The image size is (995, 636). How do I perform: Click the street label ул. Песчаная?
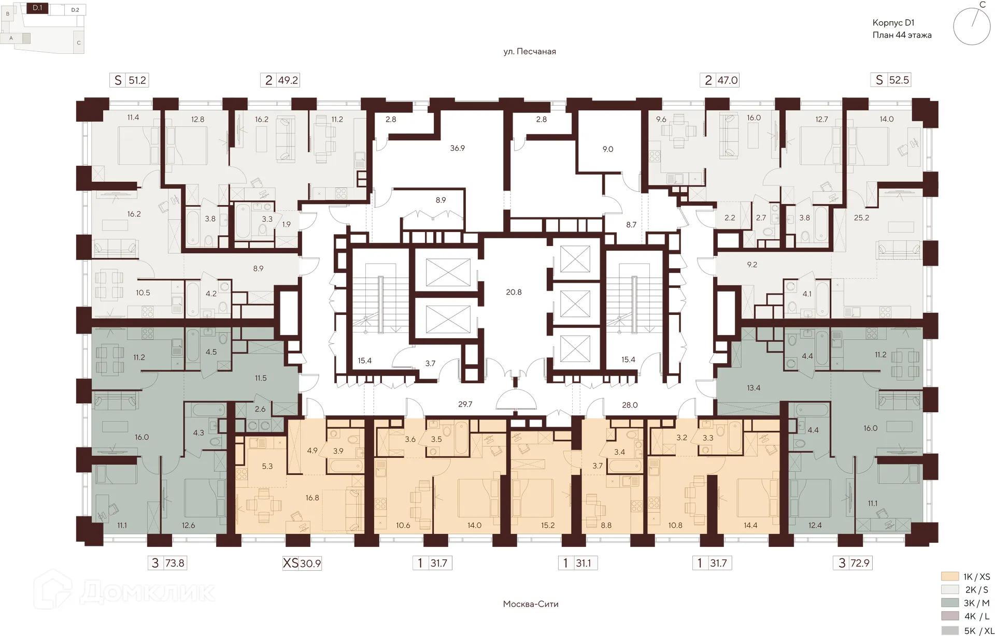530,51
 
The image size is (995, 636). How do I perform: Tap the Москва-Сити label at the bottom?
531,604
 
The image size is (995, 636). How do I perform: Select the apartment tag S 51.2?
129,80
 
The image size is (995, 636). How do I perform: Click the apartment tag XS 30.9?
302,563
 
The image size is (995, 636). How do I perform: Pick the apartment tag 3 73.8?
166,563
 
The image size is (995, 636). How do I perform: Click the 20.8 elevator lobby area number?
514,292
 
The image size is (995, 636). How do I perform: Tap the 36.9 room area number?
457,148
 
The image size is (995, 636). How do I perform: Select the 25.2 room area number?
861,218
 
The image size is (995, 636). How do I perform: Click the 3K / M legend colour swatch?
950,603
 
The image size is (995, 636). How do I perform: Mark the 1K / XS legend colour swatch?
950,576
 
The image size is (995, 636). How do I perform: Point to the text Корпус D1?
893,23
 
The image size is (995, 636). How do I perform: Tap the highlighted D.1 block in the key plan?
37,8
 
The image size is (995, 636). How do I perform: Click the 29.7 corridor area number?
465,404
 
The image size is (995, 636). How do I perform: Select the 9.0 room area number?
607,149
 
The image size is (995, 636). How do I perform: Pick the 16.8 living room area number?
312,498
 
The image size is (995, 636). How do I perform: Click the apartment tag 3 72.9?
852,563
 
